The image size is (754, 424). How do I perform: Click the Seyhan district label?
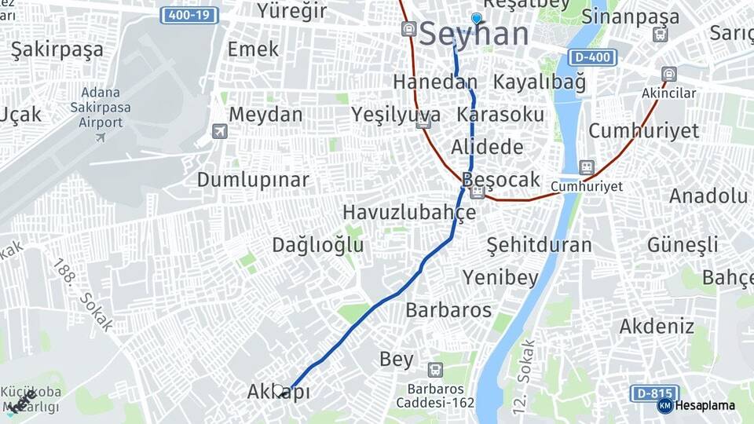coord(474,35)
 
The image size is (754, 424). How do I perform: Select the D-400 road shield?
coord(591,57)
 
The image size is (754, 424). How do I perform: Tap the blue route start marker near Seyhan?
coord(476,18)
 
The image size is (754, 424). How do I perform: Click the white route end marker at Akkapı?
coord(279,390)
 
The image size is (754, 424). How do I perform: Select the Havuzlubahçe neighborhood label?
coord(409,213)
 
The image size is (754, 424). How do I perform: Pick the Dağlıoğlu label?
coord(318,245)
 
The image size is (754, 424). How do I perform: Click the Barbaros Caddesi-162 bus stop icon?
coord(434,369)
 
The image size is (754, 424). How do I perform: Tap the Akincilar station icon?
coord(668,75)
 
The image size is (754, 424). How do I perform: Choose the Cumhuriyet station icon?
coord(586,167)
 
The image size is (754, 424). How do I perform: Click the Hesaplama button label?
coord(705,405)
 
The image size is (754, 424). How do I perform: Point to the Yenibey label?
coord(500,277)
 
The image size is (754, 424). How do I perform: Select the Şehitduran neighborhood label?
coord(539,245)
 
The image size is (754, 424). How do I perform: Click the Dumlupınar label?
coord(253,180)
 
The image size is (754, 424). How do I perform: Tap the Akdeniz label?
coord(657,326)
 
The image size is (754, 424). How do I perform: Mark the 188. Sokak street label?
coord(83,294)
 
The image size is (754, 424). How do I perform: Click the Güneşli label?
coord(683,245)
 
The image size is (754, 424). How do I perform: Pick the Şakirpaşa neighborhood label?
coord(57,50)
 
